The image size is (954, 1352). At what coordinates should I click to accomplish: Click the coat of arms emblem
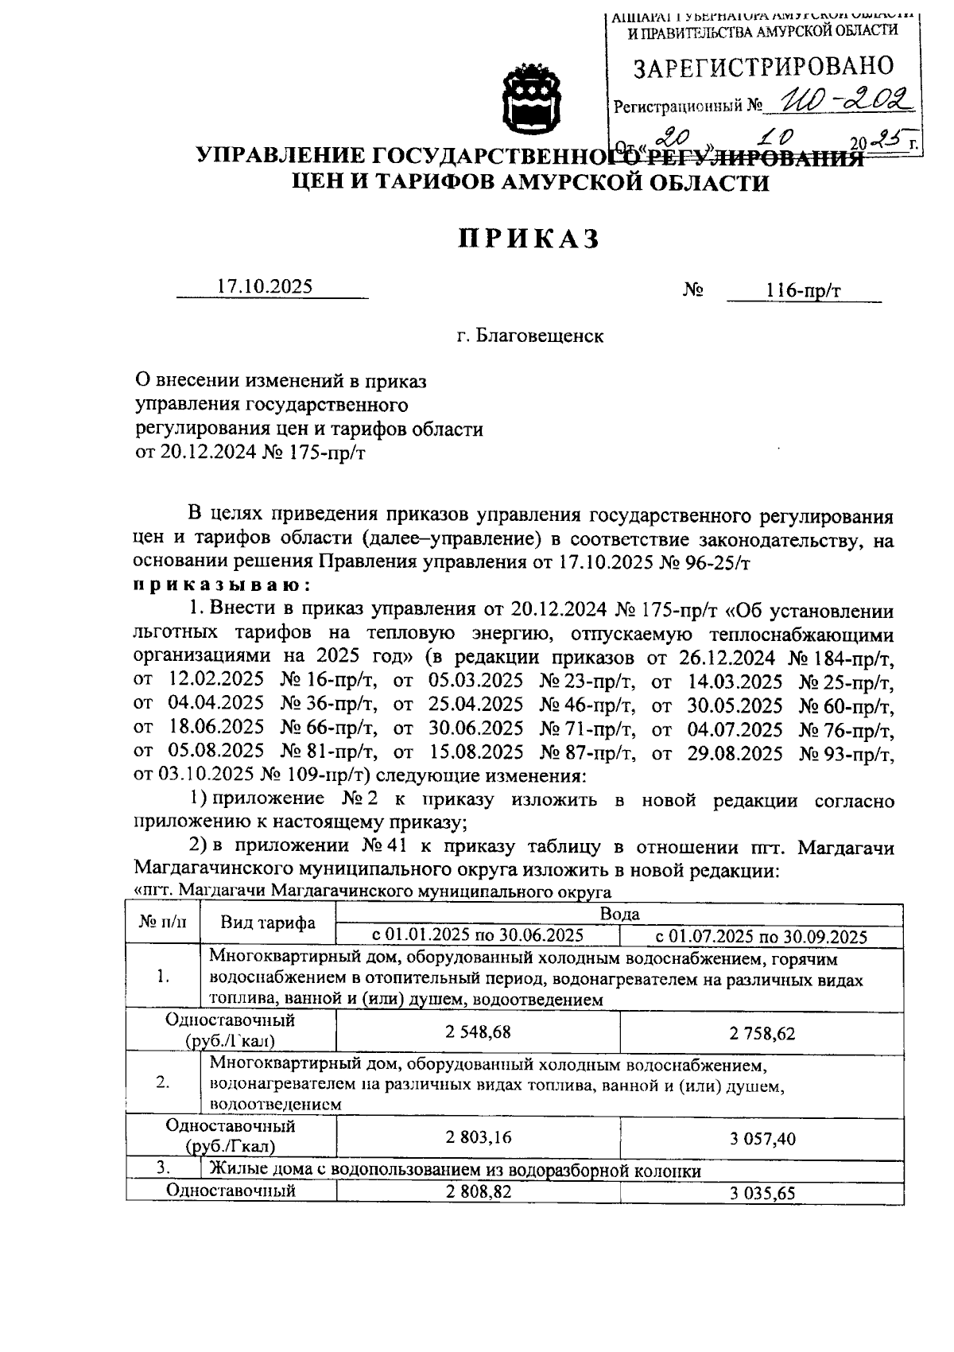[532, 99]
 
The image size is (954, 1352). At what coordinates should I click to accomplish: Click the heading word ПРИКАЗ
[527, 239]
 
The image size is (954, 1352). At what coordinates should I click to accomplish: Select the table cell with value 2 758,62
[762, 1034]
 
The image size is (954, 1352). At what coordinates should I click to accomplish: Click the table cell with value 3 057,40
[762, 1139]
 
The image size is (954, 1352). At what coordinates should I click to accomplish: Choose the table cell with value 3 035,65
[762, 1194]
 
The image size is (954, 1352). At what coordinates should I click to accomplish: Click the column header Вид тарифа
[267, 923]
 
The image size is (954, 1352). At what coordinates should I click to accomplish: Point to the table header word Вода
[619, 914]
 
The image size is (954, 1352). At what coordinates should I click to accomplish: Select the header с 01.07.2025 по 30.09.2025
[761, 936]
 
